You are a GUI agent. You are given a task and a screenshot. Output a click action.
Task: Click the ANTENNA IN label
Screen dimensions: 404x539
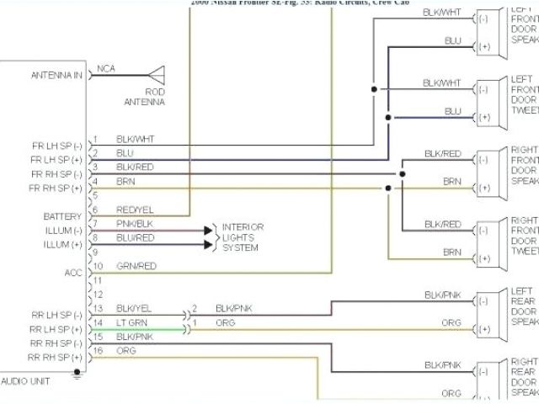(x=57, y=75)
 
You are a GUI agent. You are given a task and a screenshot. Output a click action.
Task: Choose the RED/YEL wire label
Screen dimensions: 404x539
(x=135, y=210)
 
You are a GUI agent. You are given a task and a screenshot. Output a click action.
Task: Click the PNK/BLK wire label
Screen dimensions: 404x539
(x=135, y=224)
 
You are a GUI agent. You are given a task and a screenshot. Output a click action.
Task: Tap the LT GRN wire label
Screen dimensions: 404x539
(x=131, y=322)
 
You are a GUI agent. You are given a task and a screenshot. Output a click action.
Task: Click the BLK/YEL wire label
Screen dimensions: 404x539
(x=135, y=309)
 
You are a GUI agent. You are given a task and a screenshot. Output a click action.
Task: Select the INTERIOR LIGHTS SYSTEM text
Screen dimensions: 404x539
(x=243, y=237)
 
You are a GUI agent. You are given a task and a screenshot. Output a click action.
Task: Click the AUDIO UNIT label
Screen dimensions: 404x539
(x=27, y=380)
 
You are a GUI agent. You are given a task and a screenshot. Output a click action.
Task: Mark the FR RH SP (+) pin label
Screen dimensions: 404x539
(x=56, y=187)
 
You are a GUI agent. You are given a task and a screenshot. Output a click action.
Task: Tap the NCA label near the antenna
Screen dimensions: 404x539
(x=106, y=68)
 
